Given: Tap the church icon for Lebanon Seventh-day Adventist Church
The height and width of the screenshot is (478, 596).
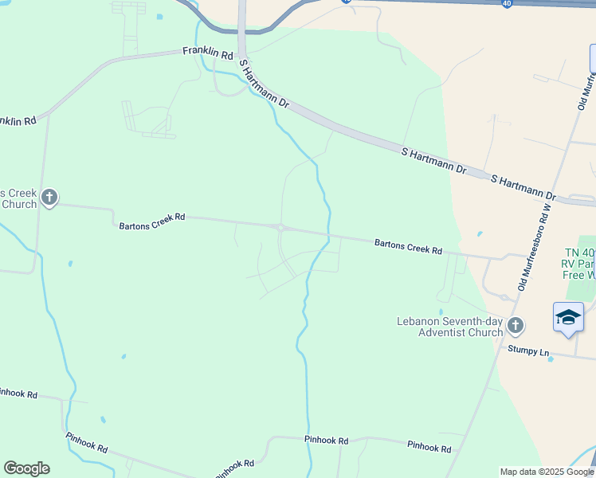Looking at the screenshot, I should pos(516,325).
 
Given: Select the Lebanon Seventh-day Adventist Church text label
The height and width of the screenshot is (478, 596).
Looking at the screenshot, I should pos(450,326).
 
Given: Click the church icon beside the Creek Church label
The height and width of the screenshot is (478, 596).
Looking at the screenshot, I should pos(49,197).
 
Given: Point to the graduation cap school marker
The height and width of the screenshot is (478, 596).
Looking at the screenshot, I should pos(568,318).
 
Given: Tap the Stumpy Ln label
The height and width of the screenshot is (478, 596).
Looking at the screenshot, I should pos(529,351).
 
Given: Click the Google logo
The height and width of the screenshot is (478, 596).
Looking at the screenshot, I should pos(26,468).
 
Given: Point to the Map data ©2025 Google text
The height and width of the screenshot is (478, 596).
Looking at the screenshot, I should pos(547,472).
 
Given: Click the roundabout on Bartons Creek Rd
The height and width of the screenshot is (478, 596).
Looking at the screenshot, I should pos(281,228).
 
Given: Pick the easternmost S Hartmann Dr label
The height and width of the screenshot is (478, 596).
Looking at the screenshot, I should pos(523,188).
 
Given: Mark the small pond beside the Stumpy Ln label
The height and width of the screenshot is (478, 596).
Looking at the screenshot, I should pos(551,359).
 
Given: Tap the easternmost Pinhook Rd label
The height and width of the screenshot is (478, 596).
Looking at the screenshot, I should pos(429,448).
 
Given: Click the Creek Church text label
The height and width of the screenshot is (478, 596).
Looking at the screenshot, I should pos(18,199).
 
